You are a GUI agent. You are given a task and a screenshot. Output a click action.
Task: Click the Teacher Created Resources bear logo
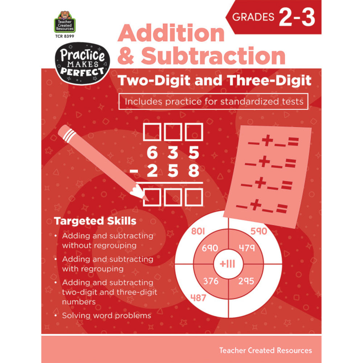[x=64, y=21]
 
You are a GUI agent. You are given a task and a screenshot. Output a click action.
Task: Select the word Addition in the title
[x=171, y=33]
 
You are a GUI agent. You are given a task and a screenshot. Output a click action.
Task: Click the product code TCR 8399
[x=64, y=37]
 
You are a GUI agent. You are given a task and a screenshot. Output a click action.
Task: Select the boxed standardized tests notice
[x=214, y=101]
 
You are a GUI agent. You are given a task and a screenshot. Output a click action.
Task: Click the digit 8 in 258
[x=193, y=171]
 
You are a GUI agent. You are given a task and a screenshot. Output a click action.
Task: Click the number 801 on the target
[x=198, y=231]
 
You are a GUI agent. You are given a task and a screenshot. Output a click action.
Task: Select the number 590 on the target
[x=258, y=231]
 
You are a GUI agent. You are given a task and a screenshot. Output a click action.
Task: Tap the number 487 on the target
[x=198, y=298]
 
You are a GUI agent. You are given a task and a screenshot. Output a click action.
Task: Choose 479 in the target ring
[x=247, y=248]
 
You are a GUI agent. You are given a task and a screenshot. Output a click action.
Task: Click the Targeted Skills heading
[x=95, y=221]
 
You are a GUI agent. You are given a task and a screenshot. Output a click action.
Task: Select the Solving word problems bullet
[x=106, y=315]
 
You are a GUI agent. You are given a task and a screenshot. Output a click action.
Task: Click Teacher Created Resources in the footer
[x=265, y=350]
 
